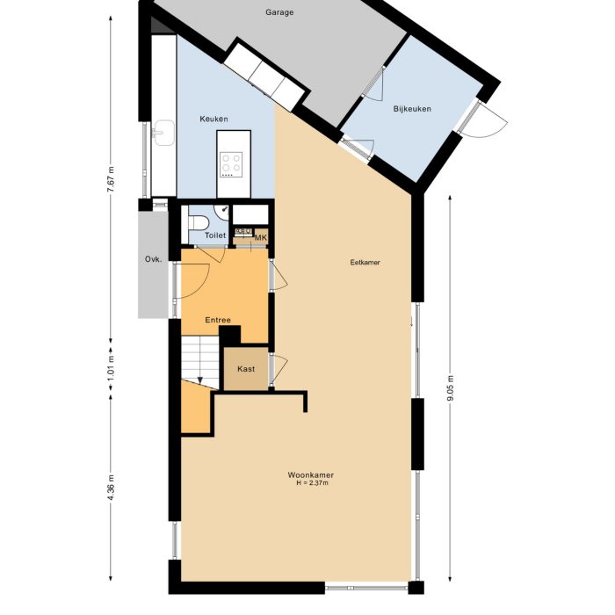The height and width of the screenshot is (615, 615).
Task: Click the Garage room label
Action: [x=279, y=13]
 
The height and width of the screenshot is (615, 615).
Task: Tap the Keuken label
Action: [x=213, y=119]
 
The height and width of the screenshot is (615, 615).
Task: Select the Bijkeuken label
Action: [x=411, y=109]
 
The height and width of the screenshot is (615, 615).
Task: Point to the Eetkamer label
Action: [x=365, y=262]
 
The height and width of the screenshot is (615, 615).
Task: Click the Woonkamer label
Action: [x=310, y=475]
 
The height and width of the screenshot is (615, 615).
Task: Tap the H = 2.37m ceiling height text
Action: [x=310, y=484]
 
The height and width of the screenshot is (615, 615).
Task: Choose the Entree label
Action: [x=218, y=320]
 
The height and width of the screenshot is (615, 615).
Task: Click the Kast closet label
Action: [x=246, y=369]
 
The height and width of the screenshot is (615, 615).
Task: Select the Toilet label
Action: [x=215, y=235]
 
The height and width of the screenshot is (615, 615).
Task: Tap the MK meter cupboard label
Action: [x=260, y=237]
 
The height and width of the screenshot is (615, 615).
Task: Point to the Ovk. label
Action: [x=152, y=259]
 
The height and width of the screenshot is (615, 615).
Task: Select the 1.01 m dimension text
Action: [x=111, y=365]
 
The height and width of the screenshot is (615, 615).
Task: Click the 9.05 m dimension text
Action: [x=450, y=387]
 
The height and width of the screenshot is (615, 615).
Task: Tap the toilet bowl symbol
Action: [x=198, y=221]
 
